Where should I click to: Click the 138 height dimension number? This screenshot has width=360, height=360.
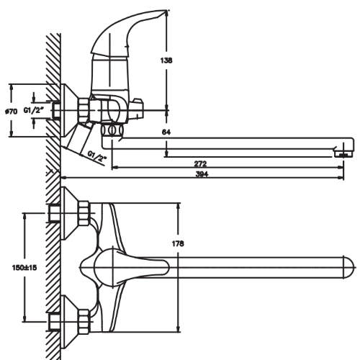click(x=166, y=60)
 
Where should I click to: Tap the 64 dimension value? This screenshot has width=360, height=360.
click(x=166, y=132)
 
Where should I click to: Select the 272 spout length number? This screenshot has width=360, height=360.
click(x=200, y=163)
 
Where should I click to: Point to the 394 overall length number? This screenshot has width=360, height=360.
click(x=202, y=174)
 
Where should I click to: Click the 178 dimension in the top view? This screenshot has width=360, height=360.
click(x=178, y=243)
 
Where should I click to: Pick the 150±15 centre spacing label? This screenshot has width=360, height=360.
click(x=24, y=267)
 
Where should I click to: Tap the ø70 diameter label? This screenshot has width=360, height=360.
click(x=12, y=112)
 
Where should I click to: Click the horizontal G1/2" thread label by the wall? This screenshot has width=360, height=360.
click(x=34, y=110)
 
